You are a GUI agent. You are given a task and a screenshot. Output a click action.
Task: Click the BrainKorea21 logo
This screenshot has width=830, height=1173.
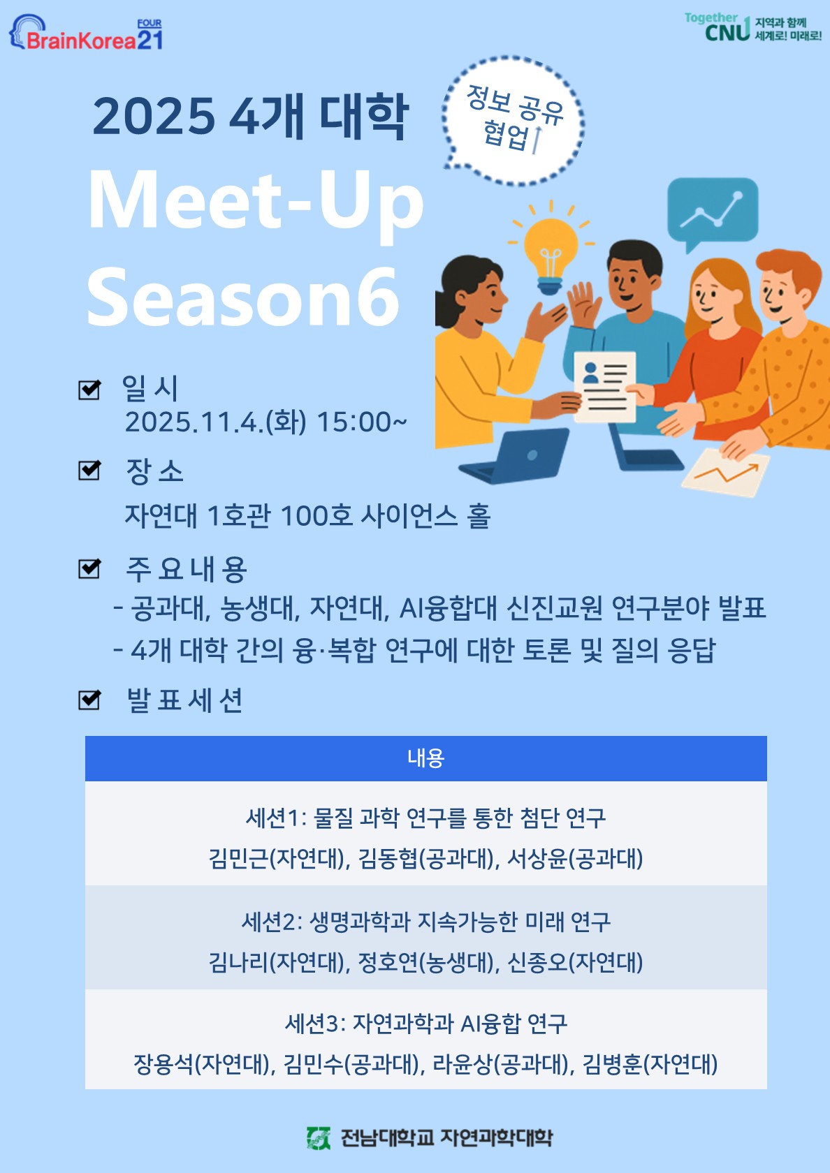click(85, 32)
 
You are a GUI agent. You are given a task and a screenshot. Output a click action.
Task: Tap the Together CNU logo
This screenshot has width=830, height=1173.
click(752, 27)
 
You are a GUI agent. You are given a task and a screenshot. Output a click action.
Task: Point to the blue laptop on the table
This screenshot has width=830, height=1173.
click(514, 455)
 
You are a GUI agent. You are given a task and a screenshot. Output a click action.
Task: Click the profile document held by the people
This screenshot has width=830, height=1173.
click(605, 387)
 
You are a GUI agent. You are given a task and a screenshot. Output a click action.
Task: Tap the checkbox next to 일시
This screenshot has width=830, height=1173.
click(89, 389)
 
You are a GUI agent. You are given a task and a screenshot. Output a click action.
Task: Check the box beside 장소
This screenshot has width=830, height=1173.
click(89, 470)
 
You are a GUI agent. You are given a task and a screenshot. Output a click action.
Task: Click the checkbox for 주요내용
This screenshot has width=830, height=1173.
click(89, 568)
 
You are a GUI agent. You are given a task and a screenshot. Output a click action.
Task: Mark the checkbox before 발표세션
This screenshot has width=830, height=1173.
click(89, 699)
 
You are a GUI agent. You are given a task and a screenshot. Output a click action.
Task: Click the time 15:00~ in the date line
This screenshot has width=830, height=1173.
click(362, 422)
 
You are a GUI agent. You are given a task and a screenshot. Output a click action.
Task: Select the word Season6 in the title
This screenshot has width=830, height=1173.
click(243, 296)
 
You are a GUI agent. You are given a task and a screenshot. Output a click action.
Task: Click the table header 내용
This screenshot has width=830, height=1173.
click(426, 758)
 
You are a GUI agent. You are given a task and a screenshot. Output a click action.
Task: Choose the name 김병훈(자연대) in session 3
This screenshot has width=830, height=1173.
click(650, 1064)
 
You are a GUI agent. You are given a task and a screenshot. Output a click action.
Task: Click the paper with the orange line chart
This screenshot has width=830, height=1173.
click(726, 472)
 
